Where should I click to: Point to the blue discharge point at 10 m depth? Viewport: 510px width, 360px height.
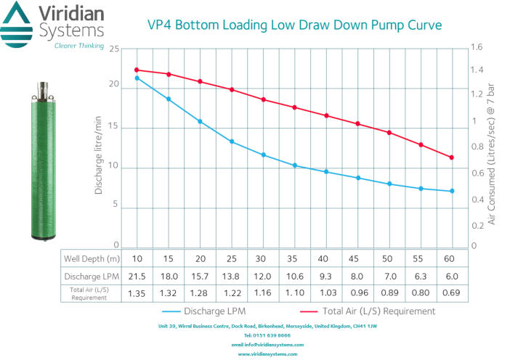click(137, 78)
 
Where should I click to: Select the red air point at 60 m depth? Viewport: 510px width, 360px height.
click(452, 157)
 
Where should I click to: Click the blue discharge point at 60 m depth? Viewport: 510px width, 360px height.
click(452, 191)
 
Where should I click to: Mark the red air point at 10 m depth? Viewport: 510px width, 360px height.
click(137, 70)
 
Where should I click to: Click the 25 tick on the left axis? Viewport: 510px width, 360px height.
click(113, 49)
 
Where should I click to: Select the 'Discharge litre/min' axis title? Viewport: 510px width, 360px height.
click(99, 148)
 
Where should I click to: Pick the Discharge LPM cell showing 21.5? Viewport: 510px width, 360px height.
click(137, 276)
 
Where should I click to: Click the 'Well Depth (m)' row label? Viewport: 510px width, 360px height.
click(91, 259)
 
